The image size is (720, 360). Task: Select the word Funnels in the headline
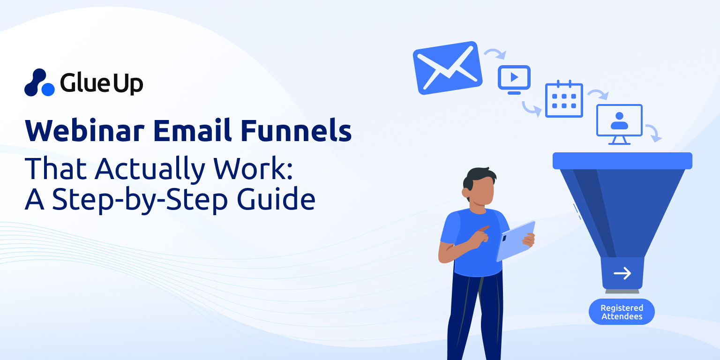(x=296, y=130)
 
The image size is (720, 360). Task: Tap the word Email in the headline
(x=192, y=130)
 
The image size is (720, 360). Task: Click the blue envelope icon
(x=448, y=68)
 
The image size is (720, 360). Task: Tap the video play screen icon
(x=514, y=80)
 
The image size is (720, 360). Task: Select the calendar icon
(x=564, y=99)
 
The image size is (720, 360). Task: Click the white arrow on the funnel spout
(x=622, y=273)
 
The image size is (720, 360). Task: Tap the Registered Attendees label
(x=622, y=312)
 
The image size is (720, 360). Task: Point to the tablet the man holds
(x=516, y=241)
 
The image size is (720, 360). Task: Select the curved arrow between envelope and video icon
(x=495, y=54)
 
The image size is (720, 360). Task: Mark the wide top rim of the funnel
(x=622, y=161)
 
